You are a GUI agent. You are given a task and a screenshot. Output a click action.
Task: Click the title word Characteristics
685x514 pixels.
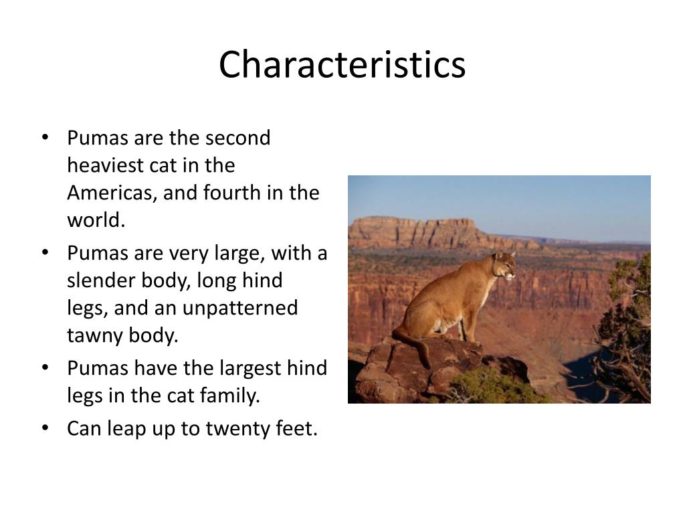(x=342, y=65)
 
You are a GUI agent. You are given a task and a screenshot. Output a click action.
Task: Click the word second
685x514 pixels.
(x=237, y=138)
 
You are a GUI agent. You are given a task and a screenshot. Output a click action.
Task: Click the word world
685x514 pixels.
(x=96, y=220)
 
